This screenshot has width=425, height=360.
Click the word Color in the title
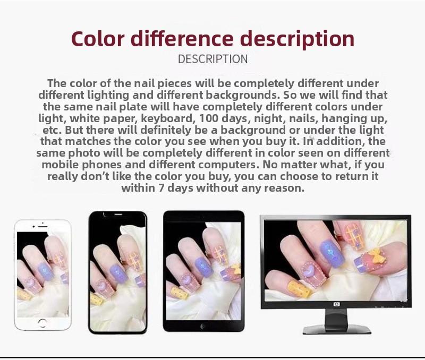click(x=98, y=39)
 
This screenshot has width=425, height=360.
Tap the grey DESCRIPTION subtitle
click(x=213, y=59)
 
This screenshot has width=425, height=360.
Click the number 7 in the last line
click(x=161, y=188)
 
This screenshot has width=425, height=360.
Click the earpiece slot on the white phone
click(x=43, y=226)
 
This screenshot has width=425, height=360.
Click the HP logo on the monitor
click(x=336, y=304)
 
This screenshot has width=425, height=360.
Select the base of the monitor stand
click(x=336, y=330)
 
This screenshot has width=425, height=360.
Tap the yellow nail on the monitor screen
click(x=299, y=289)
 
